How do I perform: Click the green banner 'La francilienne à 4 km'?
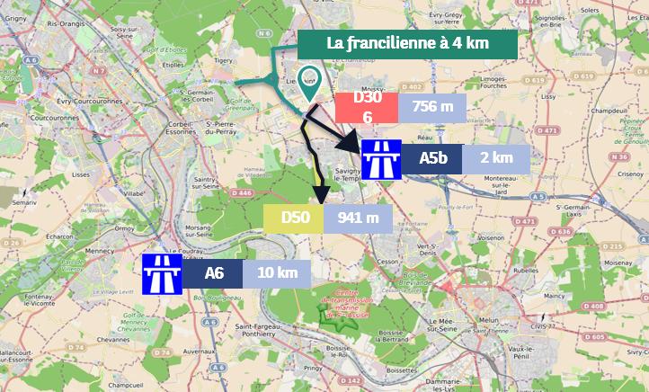click(x=408, y=43)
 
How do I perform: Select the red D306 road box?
click(x=367, y=108)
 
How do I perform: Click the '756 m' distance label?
click(x=432, y=108)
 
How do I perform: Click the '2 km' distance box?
click(x=496, y=158)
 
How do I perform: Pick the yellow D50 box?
click(x=296, y=217)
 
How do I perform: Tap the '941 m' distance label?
click(x=358, y=217)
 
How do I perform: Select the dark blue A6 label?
click(x=214, y=273)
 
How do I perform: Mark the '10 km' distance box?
click(x=276, y=273)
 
